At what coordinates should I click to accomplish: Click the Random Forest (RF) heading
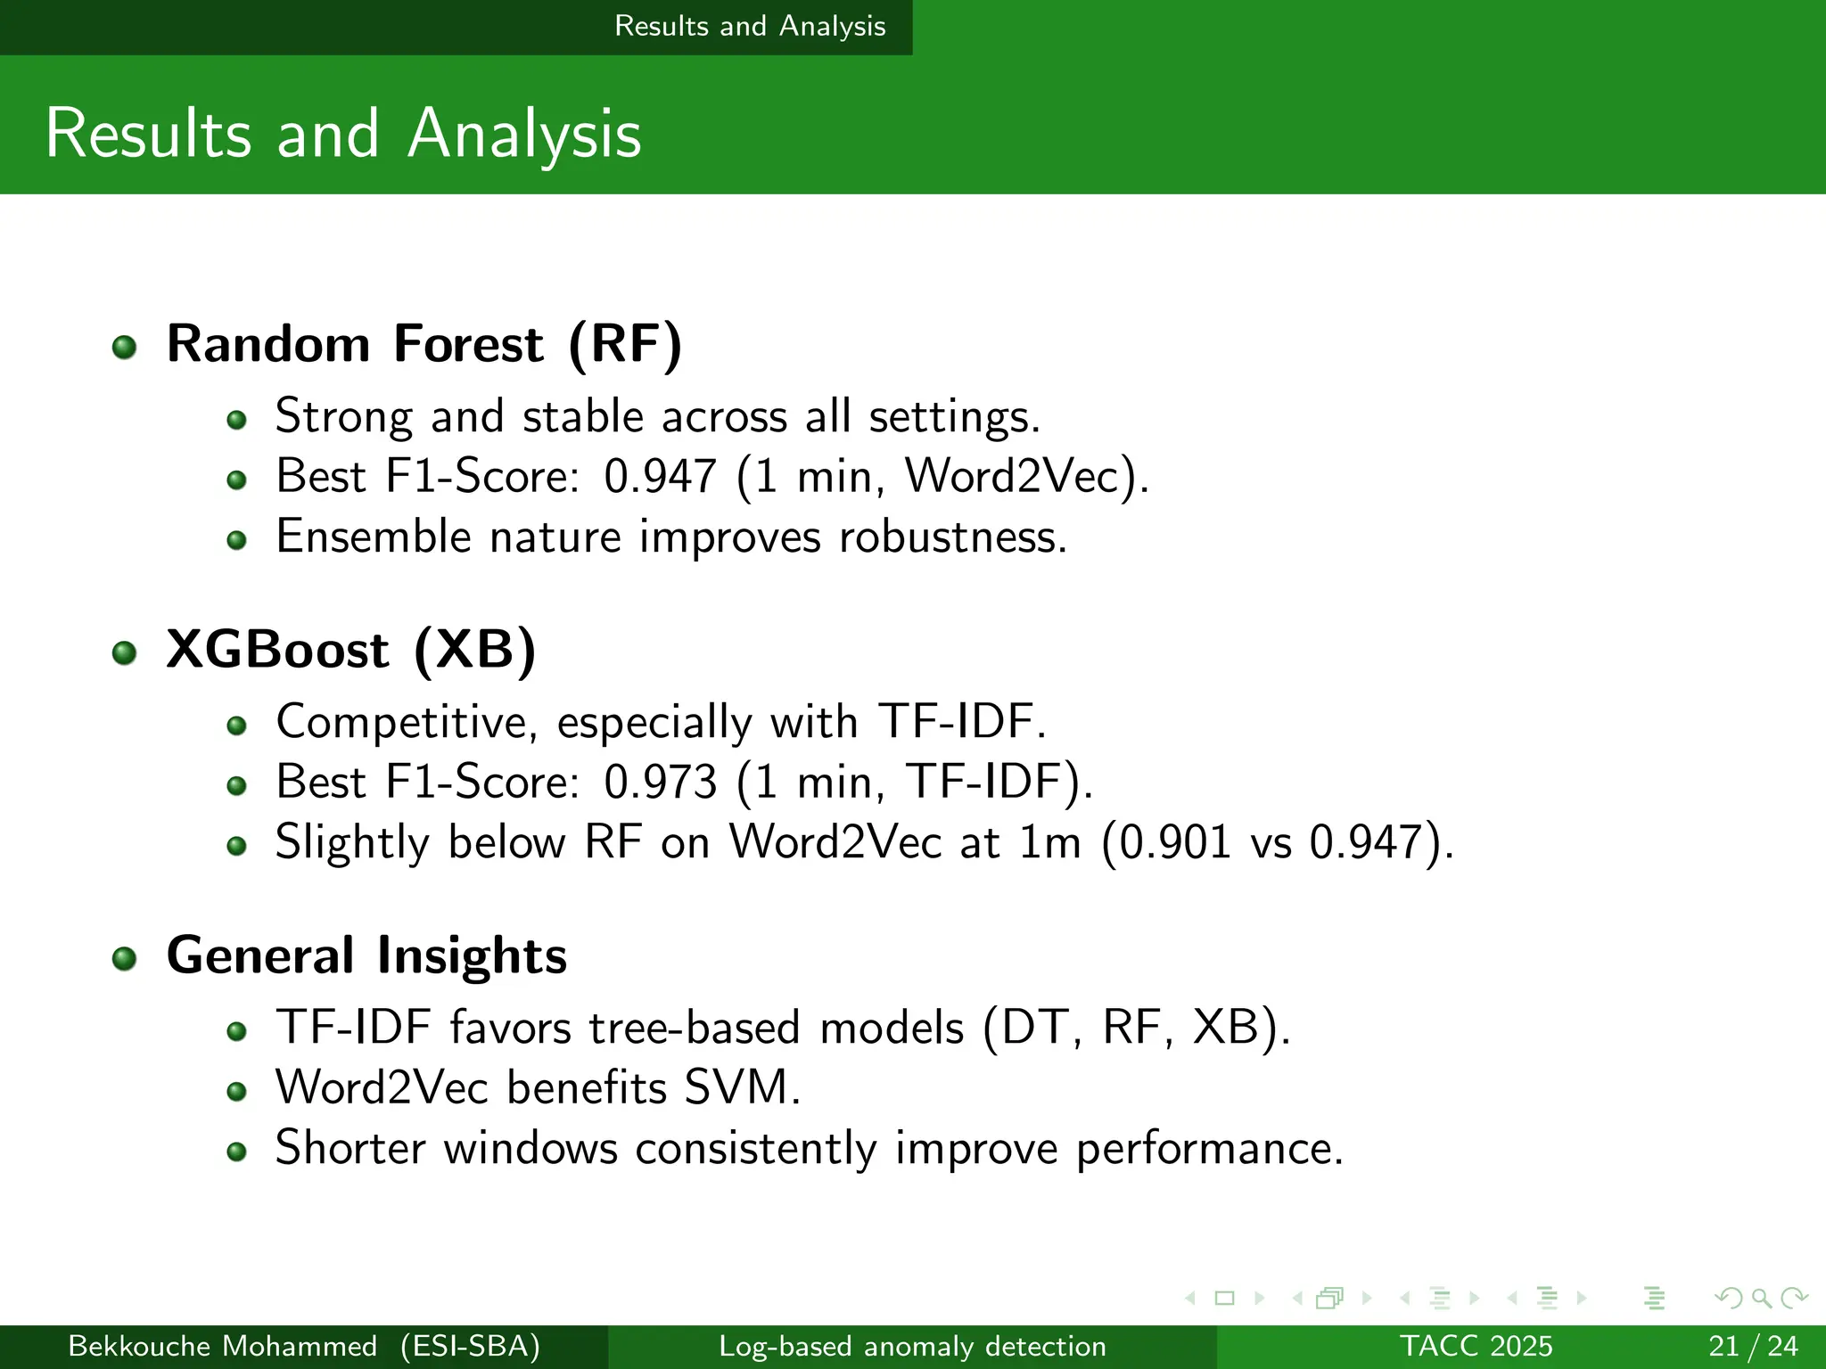(x=424, y=344)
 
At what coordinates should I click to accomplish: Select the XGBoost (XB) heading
(x=351, y=650)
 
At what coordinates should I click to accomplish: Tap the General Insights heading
(x=366, y=955)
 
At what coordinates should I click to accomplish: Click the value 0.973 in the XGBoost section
(x=660, y=782)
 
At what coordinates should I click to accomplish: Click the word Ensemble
(x=373, y=537)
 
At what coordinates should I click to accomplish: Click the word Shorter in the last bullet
(x=350, y=1148)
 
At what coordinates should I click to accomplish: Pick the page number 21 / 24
(x=1753, y=1346)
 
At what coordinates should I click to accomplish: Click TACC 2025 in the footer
(x=1476, y=1346)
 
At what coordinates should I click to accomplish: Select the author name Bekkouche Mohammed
(x=222, y=1346)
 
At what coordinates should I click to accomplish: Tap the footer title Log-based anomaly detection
(x=912, y=1346)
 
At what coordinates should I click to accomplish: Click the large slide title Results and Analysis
(x=343, y=134)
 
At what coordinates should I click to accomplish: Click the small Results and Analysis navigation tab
(x=750, y=26)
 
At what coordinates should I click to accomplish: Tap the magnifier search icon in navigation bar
(x=1761, y=1298)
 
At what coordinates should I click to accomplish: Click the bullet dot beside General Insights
(x=125, y=958)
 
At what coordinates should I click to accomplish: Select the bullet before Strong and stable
(x=236, y=419)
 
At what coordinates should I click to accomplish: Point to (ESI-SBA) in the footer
(x=470, y=1346)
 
